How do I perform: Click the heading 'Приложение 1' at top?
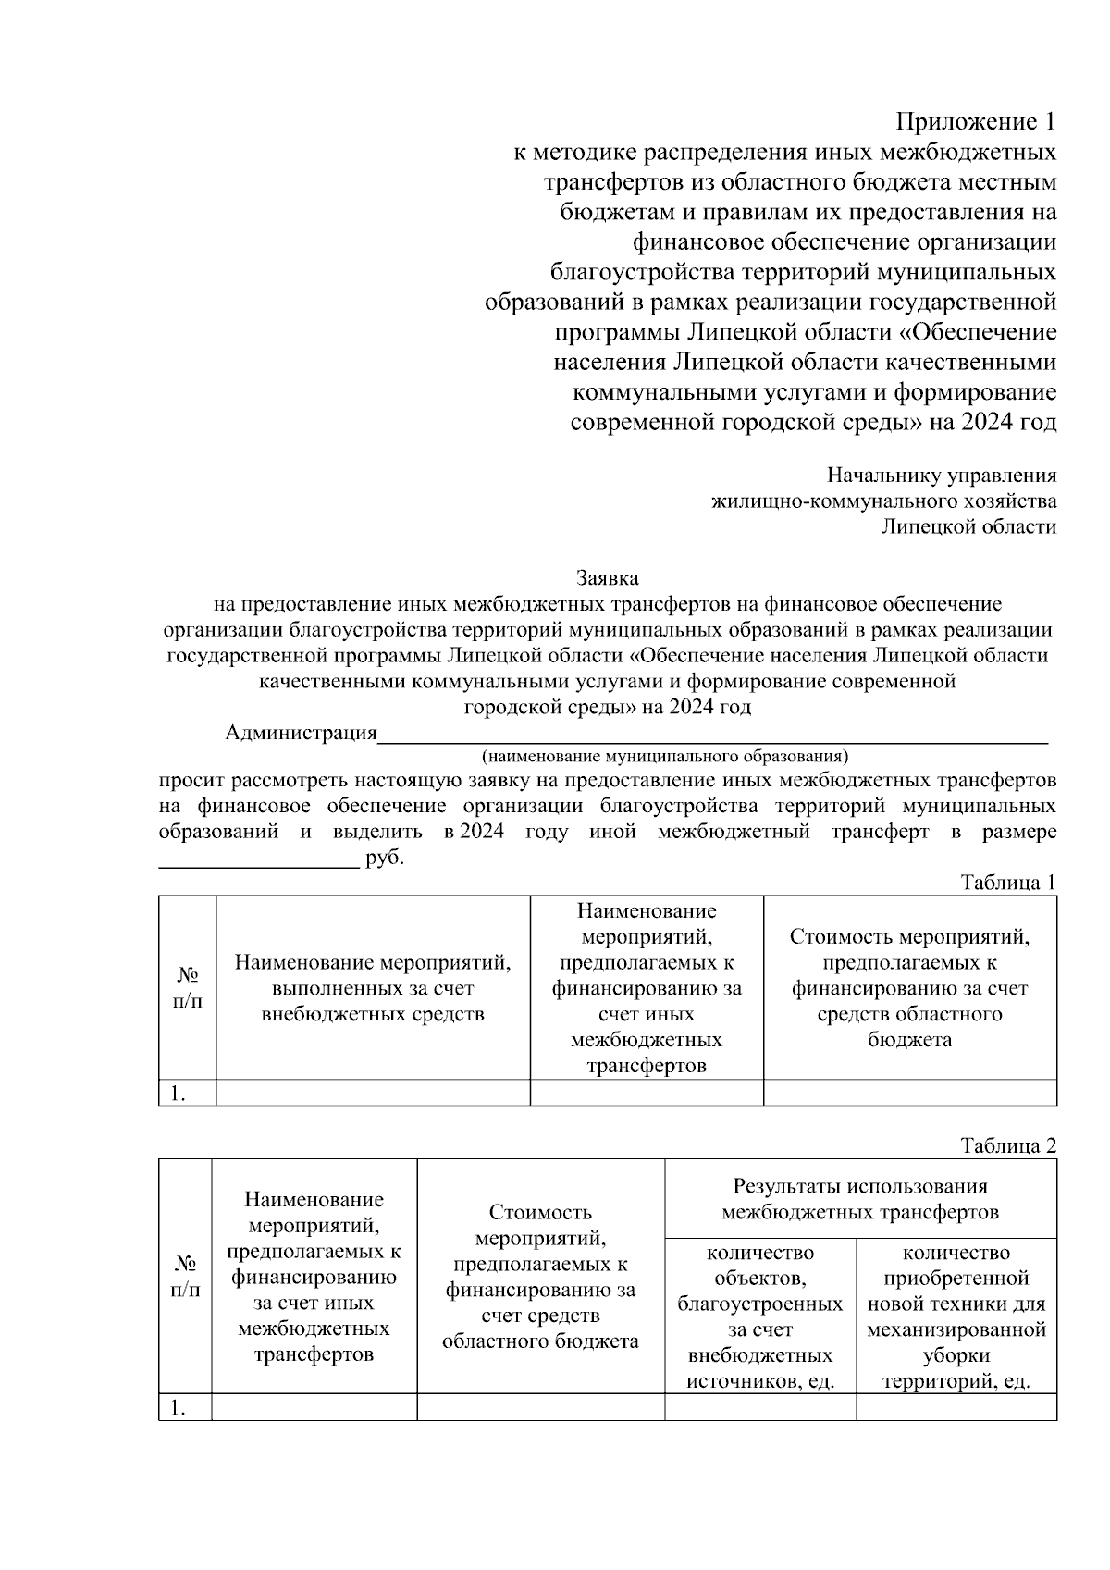click(976, 122)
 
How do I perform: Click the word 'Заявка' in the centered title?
click(608, 578)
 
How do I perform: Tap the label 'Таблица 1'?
click(1008, 882)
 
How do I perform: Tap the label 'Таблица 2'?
click(1008, 1145)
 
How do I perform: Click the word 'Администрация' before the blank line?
click(302, 734)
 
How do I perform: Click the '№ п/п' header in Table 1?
click(188, 988)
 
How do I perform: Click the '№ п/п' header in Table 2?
click(186, 1277)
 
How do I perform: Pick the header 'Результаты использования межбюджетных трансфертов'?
click(860, 1199)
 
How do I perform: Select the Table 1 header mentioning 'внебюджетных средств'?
click(373, 988)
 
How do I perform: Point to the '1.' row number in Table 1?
click(179, 1094)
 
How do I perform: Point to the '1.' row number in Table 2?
click(179, 1408)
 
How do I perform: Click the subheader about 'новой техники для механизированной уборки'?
click(956, 1317)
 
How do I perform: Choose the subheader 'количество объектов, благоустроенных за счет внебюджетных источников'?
click(760, 1317)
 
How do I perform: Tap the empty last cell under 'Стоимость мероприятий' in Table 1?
click(910, 1094)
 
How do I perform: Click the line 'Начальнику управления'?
click(942, 476)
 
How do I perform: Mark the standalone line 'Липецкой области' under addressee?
click(968, 527)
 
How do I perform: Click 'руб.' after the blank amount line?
click(386, 858)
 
